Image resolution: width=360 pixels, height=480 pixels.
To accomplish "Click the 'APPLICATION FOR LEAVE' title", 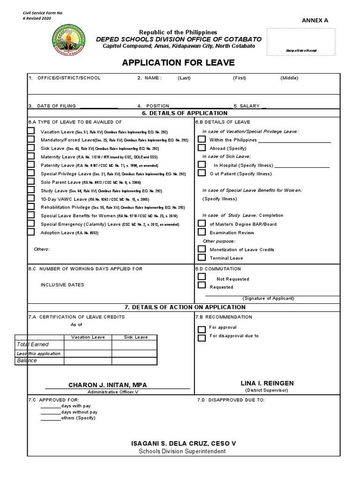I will tap(178, 63).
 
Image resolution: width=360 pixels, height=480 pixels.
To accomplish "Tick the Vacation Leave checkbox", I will tap(31, 131).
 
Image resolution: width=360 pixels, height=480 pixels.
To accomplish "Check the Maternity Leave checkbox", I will tap(31, 157).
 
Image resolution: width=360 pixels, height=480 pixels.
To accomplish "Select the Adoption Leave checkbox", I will tap(31, 232).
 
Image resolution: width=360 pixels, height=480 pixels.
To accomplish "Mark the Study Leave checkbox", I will tap(31, 190).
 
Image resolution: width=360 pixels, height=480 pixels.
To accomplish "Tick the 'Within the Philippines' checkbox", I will tap(202, 139).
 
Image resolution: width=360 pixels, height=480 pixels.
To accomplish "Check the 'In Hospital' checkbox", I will tap(202, 165).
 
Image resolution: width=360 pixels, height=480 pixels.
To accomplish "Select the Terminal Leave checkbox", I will tap(202, 257).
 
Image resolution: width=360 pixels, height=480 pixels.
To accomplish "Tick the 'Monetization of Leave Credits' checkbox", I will tap(202, 249).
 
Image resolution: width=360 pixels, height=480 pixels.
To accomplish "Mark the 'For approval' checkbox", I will tap(202, 329).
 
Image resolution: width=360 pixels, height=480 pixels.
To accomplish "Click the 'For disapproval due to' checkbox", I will tap(202, 337).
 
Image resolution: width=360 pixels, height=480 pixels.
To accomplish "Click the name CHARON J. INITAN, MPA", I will tap(111, 385).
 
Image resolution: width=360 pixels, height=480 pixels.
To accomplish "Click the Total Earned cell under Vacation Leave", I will tap(88, 345).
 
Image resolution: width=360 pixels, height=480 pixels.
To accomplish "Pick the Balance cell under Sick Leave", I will tap(135, 361).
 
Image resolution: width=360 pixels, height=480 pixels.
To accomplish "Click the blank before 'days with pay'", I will tap(50, 406).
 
